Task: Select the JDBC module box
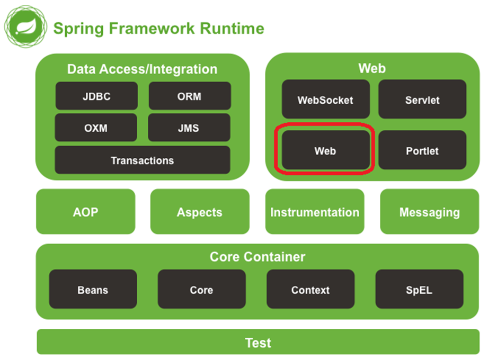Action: (96, 96)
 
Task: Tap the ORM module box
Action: (189, 96)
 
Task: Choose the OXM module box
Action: (96, 128)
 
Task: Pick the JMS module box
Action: (189, 128)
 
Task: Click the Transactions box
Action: (142, 160)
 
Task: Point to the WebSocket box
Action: (325, 100)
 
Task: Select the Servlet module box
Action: (422, 100)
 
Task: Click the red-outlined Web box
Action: (325, 151)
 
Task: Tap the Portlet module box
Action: (422, 151)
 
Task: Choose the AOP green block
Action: (85, 212)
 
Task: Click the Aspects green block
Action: (199, 212)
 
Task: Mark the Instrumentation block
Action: (315, 212)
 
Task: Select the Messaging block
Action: (429, 212)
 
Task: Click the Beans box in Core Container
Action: (93, 290)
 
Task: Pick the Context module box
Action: (310, 290)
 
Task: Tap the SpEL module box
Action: (419, 290)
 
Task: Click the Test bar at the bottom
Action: (258, 342)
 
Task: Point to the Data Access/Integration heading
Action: (142, 69)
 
